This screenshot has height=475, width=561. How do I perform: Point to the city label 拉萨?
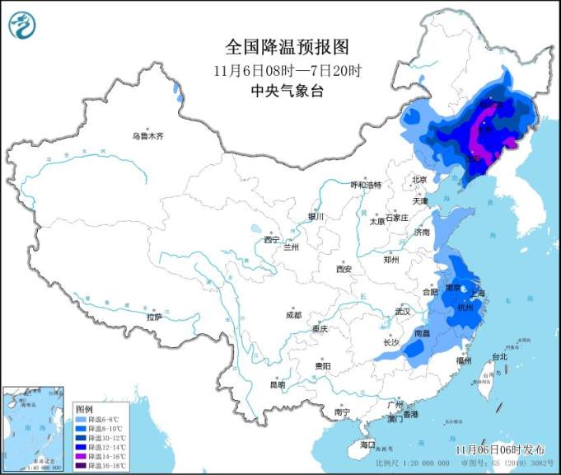click(154, 317)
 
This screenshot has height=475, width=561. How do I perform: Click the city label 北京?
click(419, 180)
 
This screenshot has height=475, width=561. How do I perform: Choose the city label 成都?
click(293, 315)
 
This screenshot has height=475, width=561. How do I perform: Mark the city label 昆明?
click(277, 384)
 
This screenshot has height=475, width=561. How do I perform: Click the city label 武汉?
click(402, 313)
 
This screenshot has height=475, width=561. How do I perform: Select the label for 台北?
click(499, 356)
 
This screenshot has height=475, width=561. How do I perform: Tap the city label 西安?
click(344, 270)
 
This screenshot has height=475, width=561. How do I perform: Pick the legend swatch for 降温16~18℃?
click(82, 465)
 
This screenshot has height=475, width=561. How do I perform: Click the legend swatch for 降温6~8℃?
click(82, 419)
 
